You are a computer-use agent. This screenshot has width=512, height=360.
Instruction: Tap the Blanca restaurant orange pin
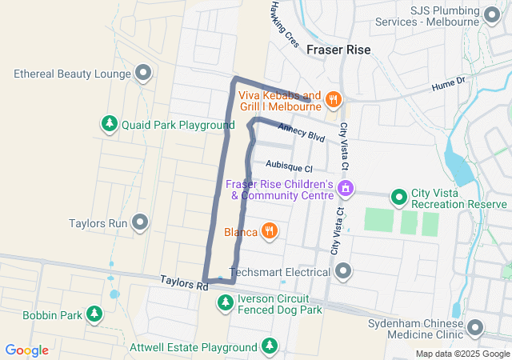pos(270,232)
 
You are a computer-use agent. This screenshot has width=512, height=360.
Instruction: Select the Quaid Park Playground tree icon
pos(109,125)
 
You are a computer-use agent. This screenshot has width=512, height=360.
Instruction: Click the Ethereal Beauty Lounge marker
pos(144,74)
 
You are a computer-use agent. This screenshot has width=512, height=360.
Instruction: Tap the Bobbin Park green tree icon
pos(95,314)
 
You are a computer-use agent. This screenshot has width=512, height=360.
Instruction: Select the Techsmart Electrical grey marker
pos(344,272)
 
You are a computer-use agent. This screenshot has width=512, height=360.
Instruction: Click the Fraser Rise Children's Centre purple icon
pos(346,189)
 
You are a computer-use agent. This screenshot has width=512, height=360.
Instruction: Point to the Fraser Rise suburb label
pos(338,50)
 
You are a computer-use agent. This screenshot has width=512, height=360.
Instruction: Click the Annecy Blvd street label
pos(301,132)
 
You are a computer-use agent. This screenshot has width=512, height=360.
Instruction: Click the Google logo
pos(27,350)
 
